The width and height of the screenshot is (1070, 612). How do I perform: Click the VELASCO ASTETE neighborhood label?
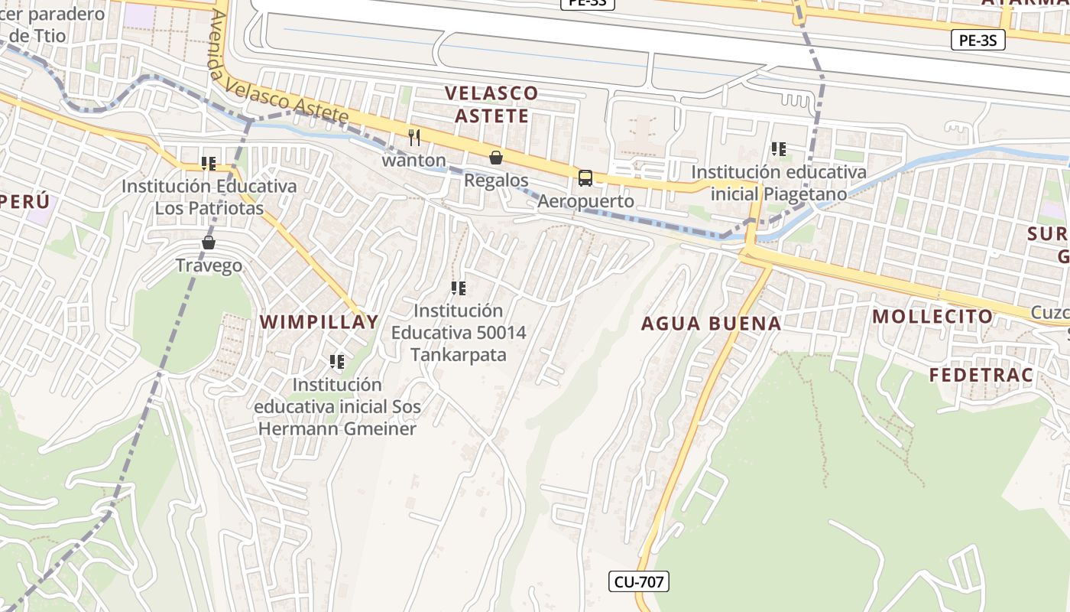(x=491, y=104)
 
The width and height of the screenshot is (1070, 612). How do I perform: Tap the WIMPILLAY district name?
(x=319, y=322)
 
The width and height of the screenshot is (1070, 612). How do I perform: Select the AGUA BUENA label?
(x=711, y=324)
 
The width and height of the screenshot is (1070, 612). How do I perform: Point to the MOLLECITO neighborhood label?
(x=932, y=316)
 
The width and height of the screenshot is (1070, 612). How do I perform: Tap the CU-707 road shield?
(x=640, y=582)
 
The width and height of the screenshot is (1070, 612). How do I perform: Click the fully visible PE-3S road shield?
(x=978, y=41)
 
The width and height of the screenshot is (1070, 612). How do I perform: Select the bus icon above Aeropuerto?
(x=585, y=178)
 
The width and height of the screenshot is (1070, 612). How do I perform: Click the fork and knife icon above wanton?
(x=414, y=138)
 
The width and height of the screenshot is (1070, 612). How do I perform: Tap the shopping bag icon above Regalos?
(x=496, y=158)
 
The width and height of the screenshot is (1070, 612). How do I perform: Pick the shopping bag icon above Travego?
(x=209, y=243)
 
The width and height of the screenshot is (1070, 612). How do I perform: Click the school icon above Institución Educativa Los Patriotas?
(x=209, y=163)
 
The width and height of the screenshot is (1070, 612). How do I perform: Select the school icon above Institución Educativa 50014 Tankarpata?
(x=459, y=288)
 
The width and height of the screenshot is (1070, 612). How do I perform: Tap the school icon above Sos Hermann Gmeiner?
(x=337, y=361)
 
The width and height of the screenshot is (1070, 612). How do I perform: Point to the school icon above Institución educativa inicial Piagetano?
(x=779, y=149)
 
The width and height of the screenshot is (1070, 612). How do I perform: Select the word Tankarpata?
(x=459, y=355)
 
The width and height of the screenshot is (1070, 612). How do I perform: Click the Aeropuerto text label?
(x=585, y=201)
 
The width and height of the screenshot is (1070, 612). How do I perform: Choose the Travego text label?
(x=209, y=265)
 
